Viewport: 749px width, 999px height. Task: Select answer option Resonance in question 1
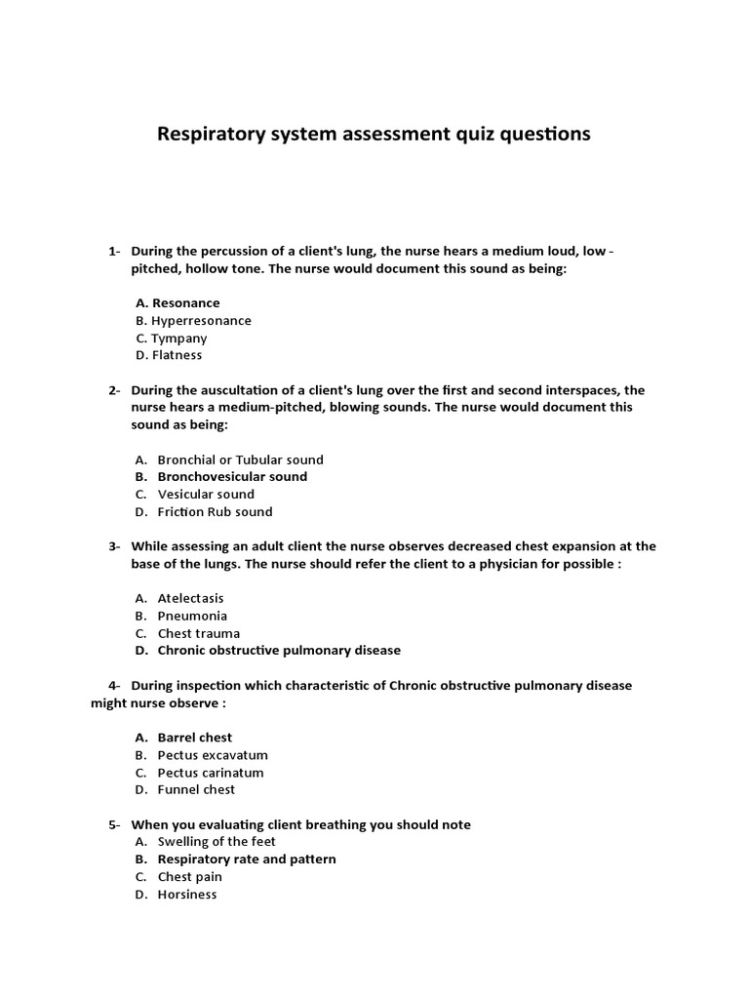coord(185,303)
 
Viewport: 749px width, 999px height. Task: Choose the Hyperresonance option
coord(201,321)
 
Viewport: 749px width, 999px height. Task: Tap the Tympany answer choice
coord(178,339)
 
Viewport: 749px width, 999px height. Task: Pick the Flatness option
coord(177,356)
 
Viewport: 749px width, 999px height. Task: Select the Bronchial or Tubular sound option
coord(240,460)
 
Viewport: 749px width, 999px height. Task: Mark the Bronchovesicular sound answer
coord(232,477)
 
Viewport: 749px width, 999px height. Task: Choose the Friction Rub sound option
coord(215,512)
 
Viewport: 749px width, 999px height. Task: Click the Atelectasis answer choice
coord(190,598)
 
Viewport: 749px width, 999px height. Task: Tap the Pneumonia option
coord(192,616)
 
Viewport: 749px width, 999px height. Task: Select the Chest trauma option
coord(198,633)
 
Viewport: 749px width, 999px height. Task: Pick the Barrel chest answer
coord(195,738)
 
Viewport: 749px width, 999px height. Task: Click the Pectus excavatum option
coord(213,755)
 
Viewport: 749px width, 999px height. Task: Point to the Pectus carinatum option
coord(211,773)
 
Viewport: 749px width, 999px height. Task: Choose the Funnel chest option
coord(196,790)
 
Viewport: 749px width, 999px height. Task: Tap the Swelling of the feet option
coord(217,842)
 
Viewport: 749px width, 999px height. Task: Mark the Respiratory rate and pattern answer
coord(247,859)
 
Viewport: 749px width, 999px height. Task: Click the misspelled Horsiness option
coord(187,895)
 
